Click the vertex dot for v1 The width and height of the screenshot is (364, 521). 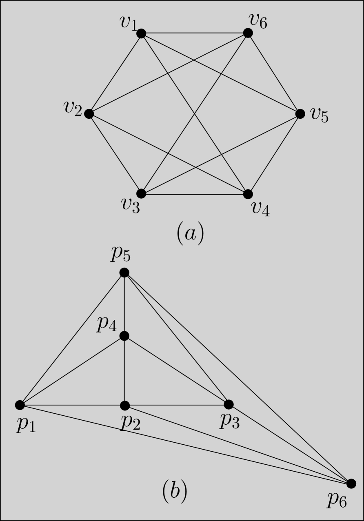(141, 33)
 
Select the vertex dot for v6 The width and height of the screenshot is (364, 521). (248, 33)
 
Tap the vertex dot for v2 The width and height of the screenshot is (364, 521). (89, 114)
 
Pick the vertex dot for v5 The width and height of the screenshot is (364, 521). (300, 114)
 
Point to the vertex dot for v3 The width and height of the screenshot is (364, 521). (141, 193)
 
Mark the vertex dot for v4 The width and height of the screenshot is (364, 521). (248, 194)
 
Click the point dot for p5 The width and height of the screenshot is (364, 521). (124, 273)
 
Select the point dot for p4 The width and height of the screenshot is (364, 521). (124, 336)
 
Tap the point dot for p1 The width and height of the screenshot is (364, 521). (20, 405)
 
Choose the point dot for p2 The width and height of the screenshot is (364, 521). (125, 406)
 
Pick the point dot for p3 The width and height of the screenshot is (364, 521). (229, 404)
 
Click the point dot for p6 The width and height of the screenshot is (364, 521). (351, 484)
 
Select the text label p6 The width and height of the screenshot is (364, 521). (337, 500)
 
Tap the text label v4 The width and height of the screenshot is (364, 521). (260, 208)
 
